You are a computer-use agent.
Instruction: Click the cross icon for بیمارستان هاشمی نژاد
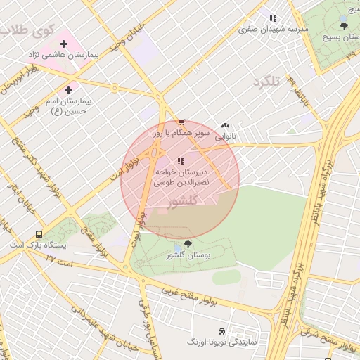pyautogui.click(x=63, y=44)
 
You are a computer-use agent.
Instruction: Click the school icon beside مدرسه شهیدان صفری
pyautogui.click(x=273, y=18)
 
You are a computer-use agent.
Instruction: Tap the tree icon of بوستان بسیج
pyautogui.click(x=344, y=26)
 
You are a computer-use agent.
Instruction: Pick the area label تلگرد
pyautogui.click(x=266, y=82)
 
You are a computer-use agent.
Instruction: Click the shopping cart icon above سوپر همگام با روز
pyautogui.click(x=181, y=122)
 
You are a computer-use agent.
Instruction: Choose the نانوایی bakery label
pyautogui.click(x=225, y=135)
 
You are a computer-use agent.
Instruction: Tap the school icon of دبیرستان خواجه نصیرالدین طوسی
pyautogui.click(x=181, y=160)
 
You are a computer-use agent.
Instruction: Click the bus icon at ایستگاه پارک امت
pyautogui.click(x=39, y=234)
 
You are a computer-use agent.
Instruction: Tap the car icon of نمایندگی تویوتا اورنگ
pyautogui.click(x=221, y=330)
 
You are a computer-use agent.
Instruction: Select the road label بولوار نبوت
pyautogui.click(x=138, y=229)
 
